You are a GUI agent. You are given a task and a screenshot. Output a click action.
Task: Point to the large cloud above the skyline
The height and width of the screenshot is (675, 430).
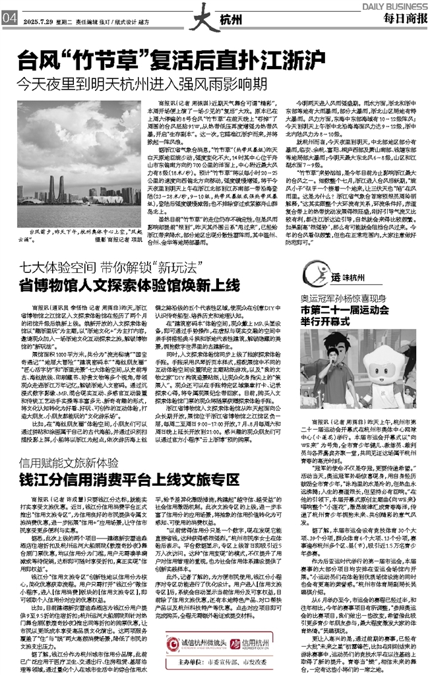click(x=79, y=122)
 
